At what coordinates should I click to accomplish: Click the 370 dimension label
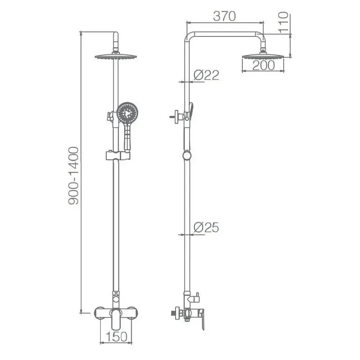tap(224, 16)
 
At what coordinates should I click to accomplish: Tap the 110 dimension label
tap(283, 22)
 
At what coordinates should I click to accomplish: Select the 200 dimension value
tap(263, 65)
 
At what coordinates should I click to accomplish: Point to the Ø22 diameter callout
tap(206, 75)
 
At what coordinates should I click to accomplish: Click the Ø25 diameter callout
tap(206, 227)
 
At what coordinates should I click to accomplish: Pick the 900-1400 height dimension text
tap(74, 176)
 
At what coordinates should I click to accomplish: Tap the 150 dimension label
tap(116, 337)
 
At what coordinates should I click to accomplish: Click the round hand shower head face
tap(127, 113)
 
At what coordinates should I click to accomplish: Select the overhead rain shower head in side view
tap(263, 56)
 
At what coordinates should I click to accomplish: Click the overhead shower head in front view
tap(116, 57)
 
